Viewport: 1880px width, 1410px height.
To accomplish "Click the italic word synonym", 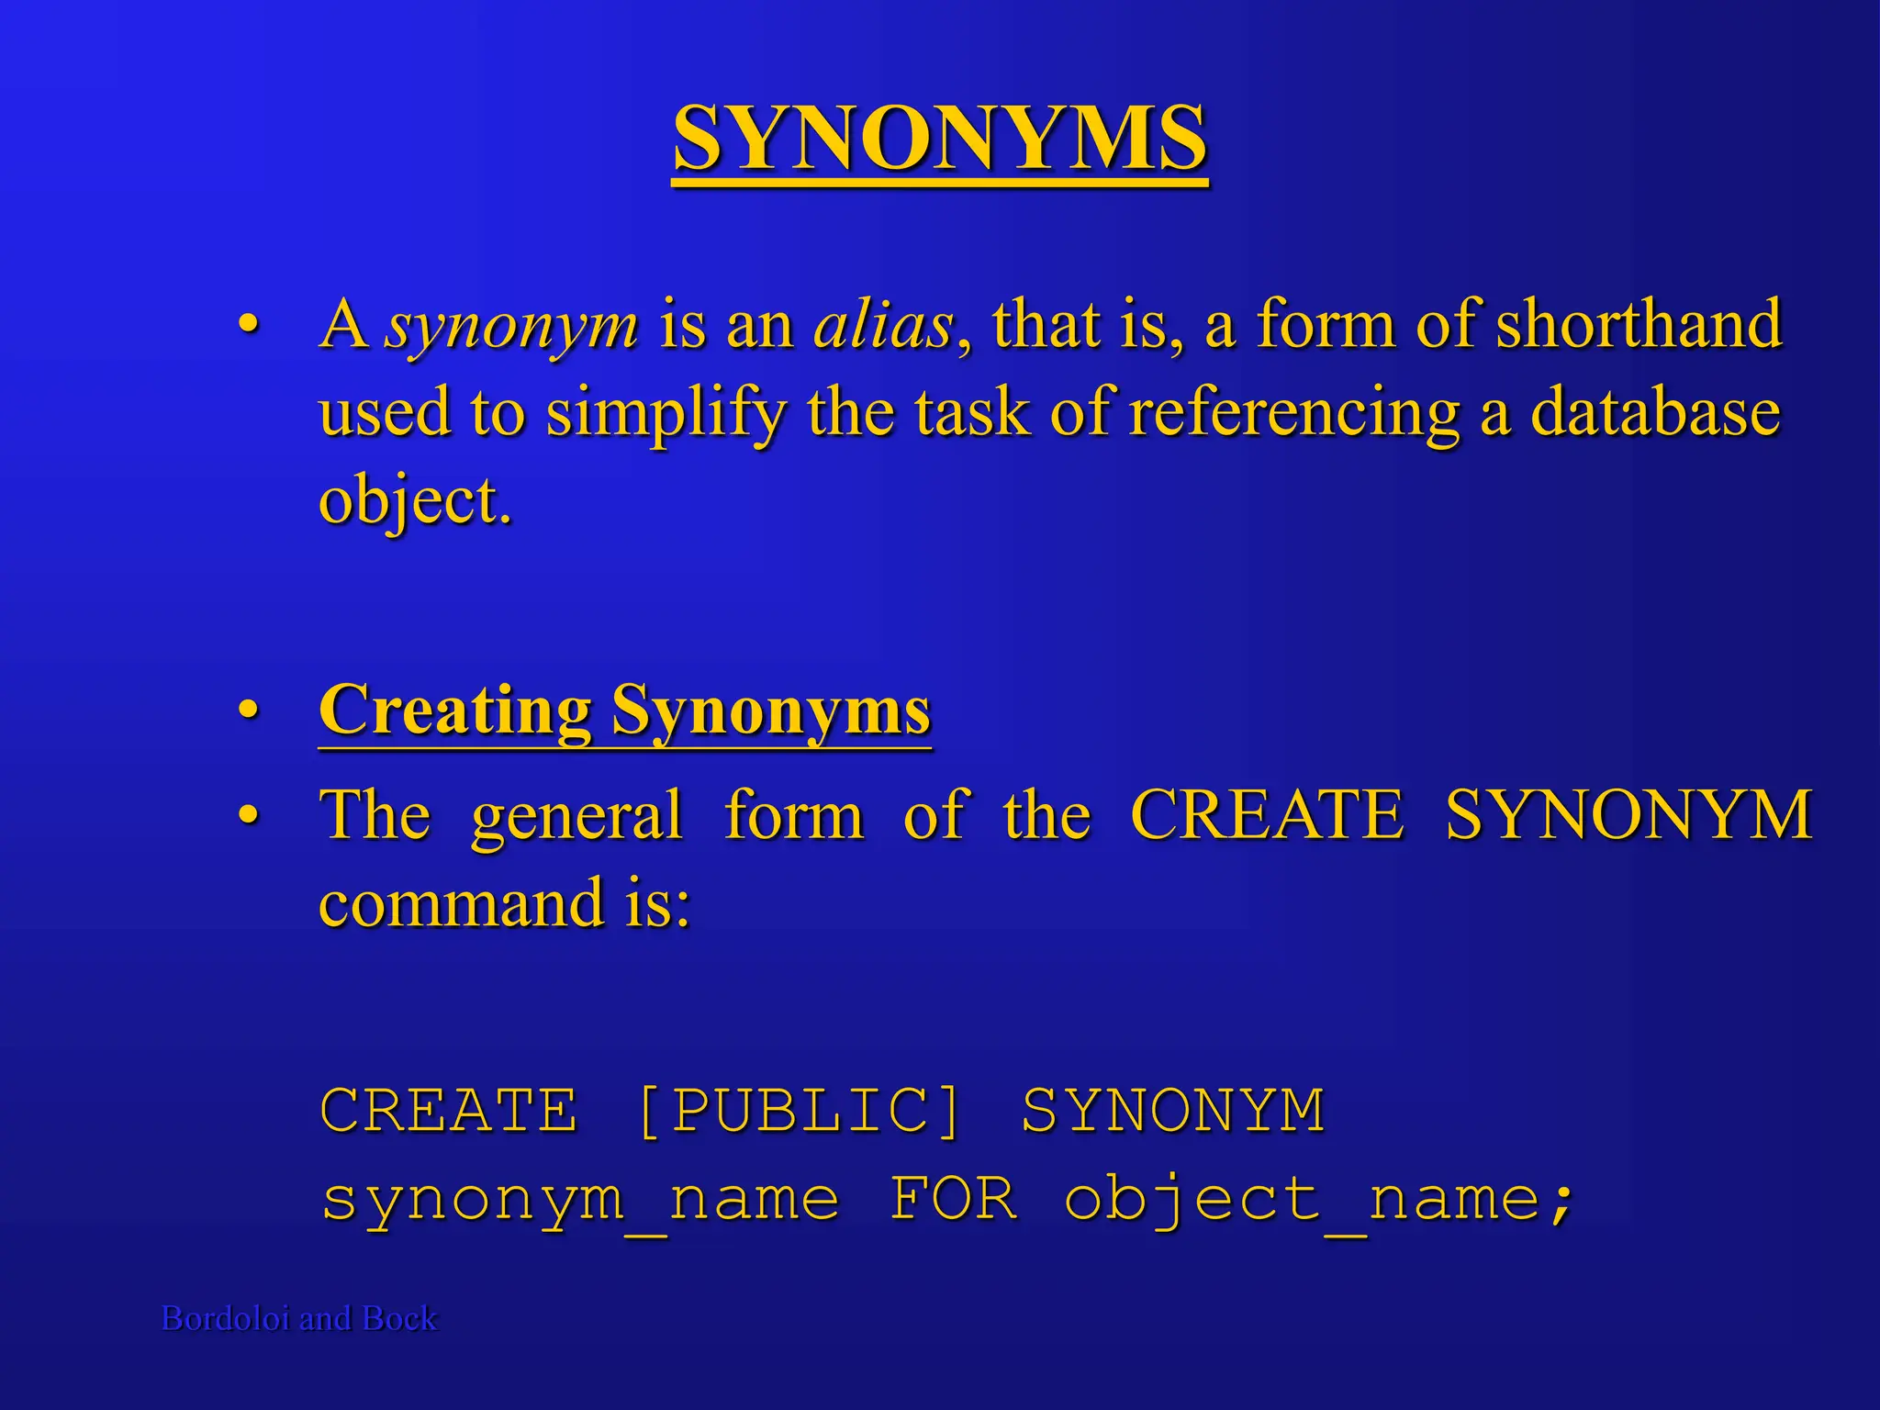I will [x=511, y=327].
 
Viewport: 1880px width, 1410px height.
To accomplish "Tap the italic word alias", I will [x=884, y=325].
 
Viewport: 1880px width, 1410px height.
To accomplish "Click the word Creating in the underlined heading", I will [x=455, y=711].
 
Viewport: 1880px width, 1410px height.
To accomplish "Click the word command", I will [x=462, y=903].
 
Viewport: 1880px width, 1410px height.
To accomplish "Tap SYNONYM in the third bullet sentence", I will [x=1628, y=814].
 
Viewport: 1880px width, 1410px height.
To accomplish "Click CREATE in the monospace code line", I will [x=449, y=1111].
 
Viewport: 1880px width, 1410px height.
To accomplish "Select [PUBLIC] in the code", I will [x=798, y=1111].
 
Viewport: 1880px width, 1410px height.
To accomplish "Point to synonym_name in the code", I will [x=580, y=1201].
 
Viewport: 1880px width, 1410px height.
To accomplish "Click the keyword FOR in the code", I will [x=953, y=1199].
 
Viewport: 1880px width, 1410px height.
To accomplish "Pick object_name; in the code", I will [x=1318, y=1201].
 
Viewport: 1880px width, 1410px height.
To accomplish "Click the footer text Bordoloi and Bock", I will [x=299, y=1318].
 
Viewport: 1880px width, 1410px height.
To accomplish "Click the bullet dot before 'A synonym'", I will [x=248, y=325].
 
